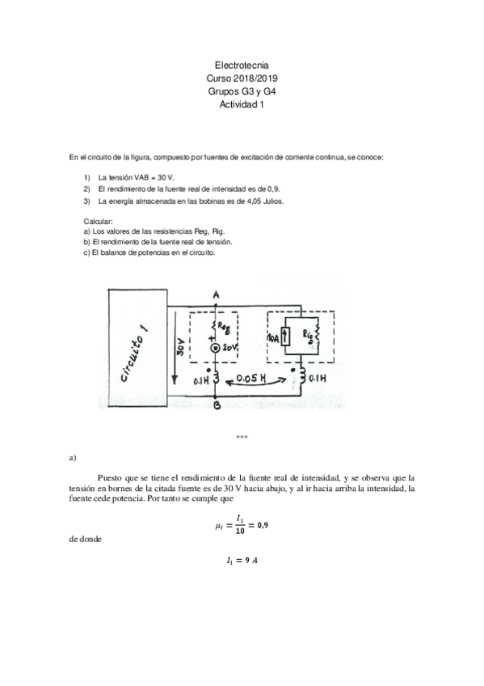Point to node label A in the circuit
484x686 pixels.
[x=217, y=295]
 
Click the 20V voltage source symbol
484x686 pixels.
[x=217, y=349]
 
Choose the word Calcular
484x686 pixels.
[x=98, y=221]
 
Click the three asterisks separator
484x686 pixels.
[x=242, y=438]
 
